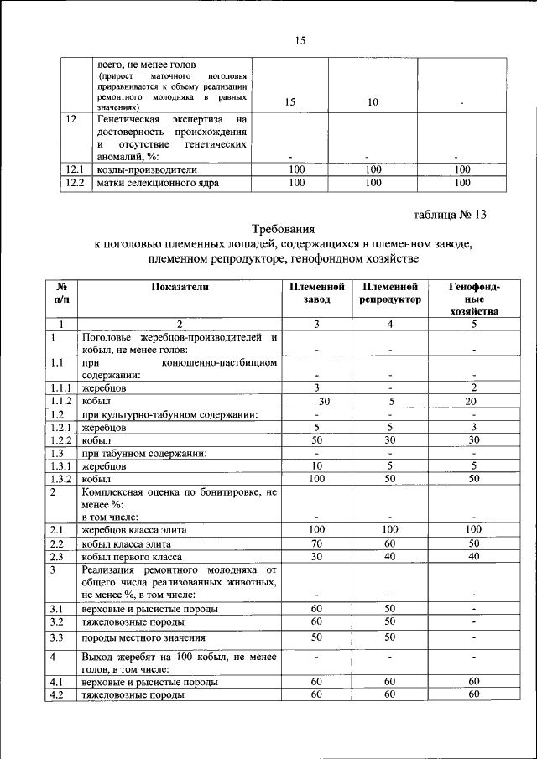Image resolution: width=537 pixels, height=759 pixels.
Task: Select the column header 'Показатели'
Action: point(180,287)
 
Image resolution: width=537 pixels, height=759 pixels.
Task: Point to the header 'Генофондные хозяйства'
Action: point(474,299)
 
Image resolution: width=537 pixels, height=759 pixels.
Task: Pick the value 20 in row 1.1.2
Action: point(474,401)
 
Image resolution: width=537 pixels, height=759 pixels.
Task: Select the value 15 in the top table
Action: point(289,102)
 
